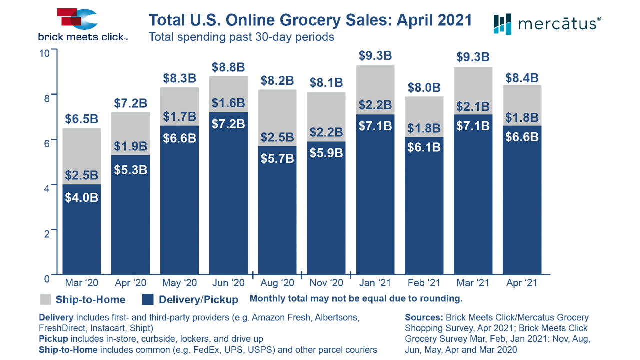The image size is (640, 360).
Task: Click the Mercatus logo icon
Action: point(502,24)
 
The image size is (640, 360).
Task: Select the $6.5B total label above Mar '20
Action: point(82,119)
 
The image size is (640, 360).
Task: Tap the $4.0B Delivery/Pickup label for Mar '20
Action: point(82,197)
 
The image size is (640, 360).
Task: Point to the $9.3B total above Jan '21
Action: point(375,56)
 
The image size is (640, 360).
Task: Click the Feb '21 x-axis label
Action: point(424,283)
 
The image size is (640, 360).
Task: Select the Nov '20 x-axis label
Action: point(326,283)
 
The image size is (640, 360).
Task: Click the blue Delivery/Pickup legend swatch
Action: point(148,300)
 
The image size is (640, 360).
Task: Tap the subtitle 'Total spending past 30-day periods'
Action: point(241,37)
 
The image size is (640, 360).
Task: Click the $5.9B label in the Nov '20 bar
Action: point(326,153)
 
